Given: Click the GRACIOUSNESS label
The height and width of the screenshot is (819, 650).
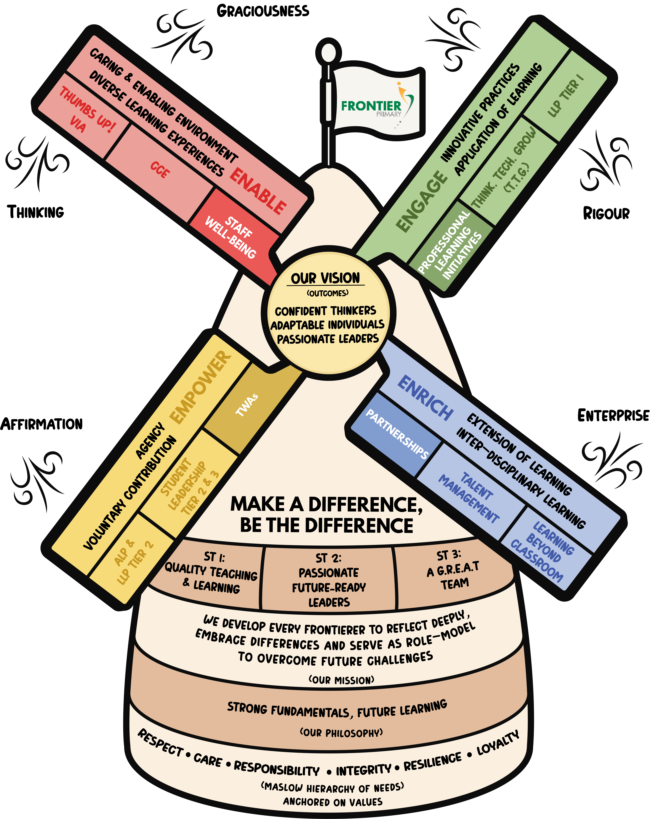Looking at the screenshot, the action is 263,11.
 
